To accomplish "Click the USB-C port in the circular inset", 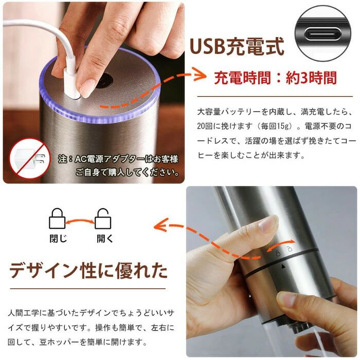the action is click(x=323, y=33).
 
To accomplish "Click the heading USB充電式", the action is click(x=237, y=46).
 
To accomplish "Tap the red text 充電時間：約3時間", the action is click(x=275, y=78).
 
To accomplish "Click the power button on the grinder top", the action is click(x=104, y=81).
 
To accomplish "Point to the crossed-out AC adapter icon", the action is click(x=30, y=158).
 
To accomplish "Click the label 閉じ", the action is click(x=58, y=239).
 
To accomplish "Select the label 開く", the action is click(x=104, y=239).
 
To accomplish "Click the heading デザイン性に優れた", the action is click(x=88, y=271).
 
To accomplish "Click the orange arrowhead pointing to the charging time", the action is click(x=200, y=75).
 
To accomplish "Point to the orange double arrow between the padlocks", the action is click(x=80, y=221).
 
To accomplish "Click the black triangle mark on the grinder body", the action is click(x=283, y=266).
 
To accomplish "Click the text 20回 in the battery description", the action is click(x=205, y=126).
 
